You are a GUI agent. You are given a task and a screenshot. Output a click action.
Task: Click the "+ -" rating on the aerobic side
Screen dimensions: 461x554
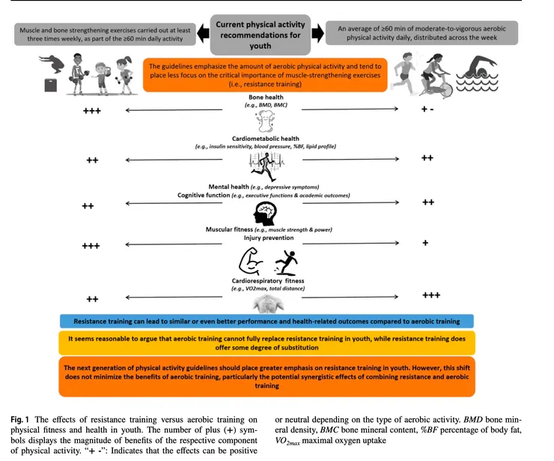[427, 110]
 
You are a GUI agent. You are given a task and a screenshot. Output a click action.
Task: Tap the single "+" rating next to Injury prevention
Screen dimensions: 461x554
[425, 243]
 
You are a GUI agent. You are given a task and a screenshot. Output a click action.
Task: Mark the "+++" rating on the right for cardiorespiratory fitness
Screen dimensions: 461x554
[431, 295]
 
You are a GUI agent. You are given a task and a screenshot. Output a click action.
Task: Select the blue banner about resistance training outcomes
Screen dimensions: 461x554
[266, 321]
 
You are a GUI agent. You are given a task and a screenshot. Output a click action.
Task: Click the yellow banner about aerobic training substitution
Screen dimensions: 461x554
[266, 344]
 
